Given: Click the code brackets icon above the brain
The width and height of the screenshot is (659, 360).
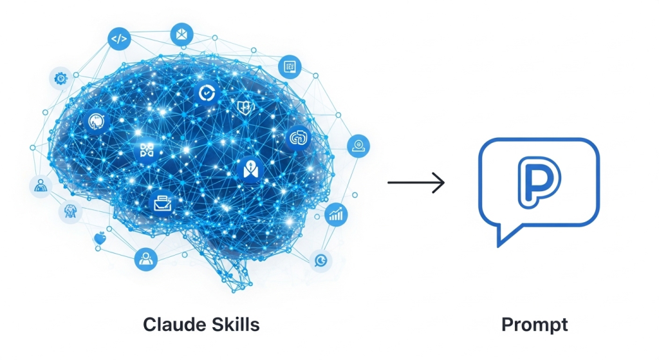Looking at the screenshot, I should (x=119, y=39).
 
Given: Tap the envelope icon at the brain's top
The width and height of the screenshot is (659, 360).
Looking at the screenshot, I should (x=181, y=33).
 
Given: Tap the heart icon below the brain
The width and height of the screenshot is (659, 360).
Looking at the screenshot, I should (x=99, y=239).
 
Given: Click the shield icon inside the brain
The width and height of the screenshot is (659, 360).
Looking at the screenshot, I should (x=243, y=106).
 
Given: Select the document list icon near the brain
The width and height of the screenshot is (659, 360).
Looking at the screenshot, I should (x=290, y=66).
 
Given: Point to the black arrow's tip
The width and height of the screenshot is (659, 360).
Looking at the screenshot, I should (x=444, y=182).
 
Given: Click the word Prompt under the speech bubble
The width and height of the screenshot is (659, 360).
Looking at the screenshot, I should (x=534, y=325).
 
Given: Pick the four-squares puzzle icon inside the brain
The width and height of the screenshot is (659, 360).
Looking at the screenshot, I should (x=147, y=151).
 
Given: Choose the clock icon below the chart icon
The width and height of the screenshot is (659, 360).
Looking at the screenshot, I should (x=319, y=260).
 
